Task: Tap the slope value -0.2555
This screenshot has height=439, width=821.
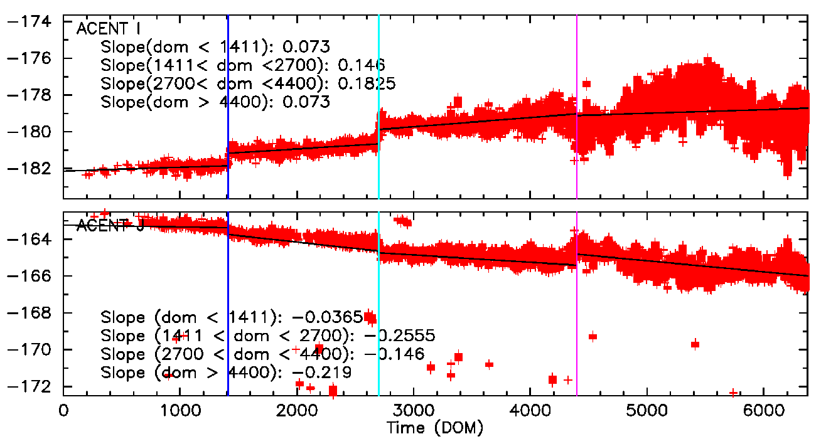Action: pyautogui.click(x=401, y=335)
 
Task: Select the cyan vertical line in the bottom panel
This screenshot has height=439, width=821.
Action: pyautogui.click(x=379, y=351)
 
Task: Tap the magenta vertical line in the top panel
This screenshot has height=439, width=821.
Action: pyautogui.click(x=577, y=63)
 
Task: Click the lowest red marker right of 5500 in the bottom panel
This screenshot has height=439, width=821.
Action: pyautogui.click(x=732, y=393)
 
